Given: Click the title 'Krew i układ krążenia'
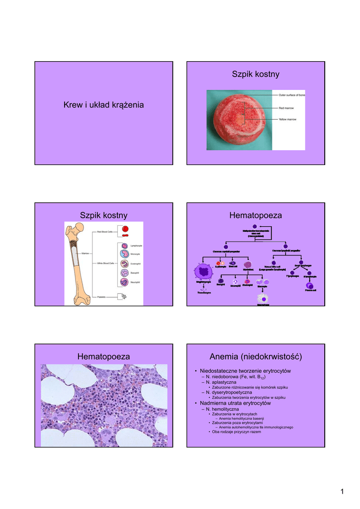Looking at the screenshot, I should point(103,105).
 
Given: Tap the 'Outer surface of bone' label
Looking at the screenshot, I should point(291,94).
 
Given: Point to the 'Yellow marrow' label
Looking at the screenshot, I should point(288,119).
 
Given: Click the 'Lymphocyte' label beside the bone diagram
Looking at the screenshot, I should point(136,246).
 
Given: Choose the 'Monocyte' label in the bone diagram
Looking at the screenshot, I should point(135,254).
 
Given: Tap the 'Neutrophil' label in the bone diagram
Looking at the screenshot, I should point(136,282).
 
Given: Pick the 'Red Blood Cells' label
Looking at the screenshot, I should point(105,232).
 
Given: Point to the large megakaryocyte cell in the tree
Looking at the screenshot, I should point(204,271).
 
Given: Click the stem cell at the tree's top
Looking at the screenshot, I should point(255,226).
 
